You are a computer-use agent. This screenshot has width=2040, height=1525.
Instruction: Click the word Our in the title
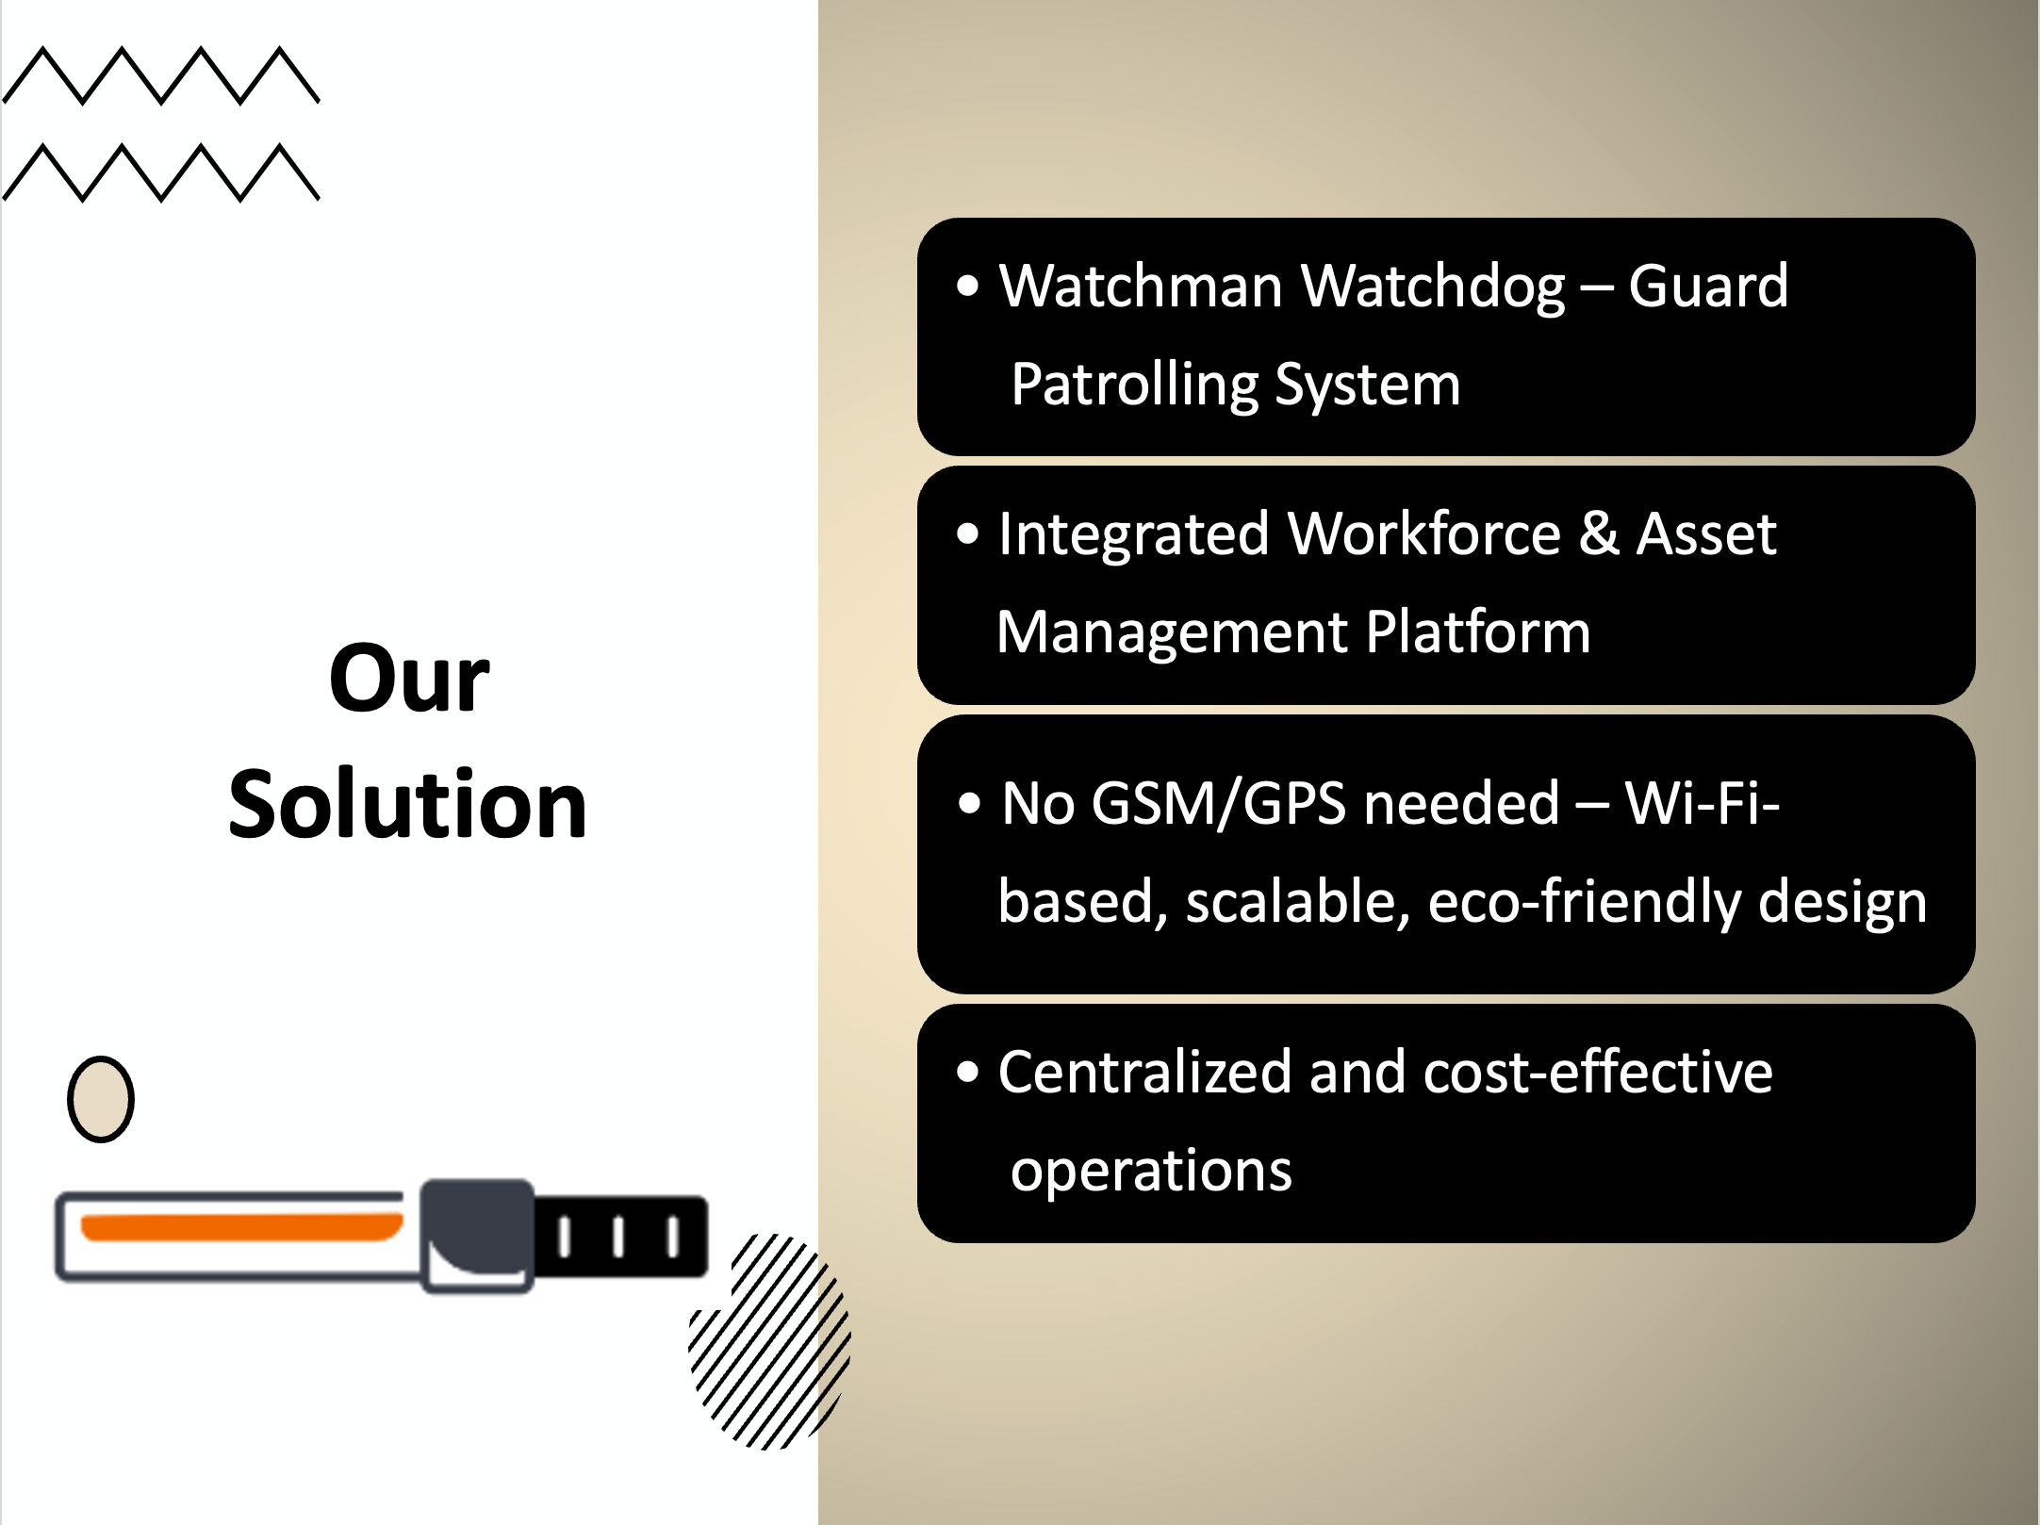pos(409,678)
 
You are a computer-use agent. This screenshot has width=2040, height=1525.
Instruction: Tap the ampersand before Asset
pos(1599,533)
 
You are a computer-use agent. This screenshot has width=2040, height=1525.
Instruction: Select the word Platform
pos(1477,631)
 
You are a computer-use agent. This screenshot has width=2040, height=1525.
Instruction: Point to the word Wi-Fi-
pos(1702,803)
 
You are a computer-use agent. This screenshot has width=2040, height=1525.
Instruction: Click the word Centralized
pos(1144,1073)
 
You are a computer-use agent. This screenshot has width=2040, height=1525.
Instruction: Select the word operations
pos(1151,1172)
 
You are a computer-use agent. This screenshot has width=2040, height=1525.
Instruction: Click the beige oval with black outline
pos(101,1099)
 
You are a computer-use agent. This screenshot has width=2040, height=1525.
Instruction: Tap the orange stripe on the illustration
pos(241,1227)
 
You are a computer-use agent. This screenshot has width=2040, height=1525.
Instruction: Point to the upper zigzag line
pos(161,74)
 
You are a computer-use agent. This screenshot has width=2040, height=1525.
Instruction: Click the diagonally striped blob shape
pos(769,1341)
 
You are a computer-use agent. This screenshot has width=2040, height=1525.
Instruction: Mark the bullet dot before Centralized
pos(968,1073)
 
